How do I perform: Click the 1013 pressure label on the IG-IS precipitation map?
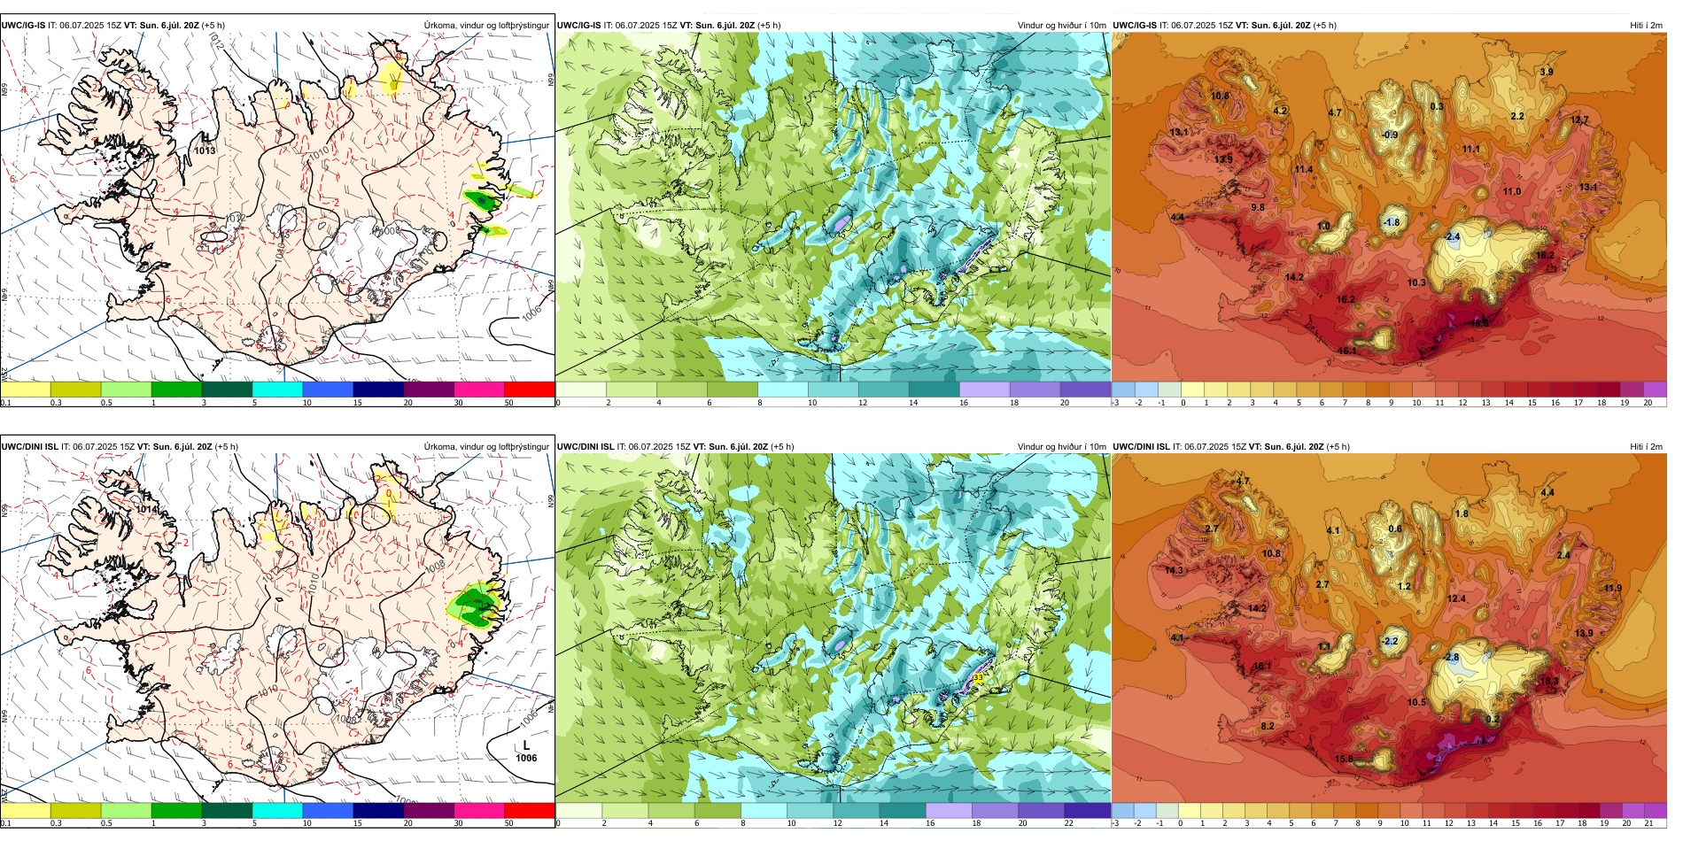205,150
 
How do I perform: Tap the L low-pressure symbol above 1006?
526,745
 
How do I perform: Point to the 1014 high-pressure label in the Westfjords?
147,509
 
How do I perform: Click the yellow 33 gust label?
978,677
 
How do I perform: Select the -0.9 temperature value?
1390,135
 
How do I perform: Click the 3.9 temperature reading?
1547,73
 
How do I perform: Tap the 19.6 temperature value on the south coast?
1479,323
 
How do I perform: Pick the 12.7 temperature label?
1579,120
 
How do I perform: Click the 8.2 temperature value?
1268,726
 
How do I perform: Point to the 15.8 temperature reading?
1344,759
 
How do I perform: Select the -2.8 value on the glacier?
1452,658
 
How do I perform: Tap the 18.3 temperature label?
1549,682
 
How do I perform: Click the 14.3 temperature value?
1175,571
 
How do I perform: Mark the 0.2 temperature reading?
1493,720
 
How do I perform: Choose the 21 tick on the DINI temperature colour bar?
1649,823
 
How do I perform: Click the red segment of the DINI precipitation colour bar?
529,810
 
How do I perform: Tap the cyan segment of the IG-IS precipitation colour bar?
277,389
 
